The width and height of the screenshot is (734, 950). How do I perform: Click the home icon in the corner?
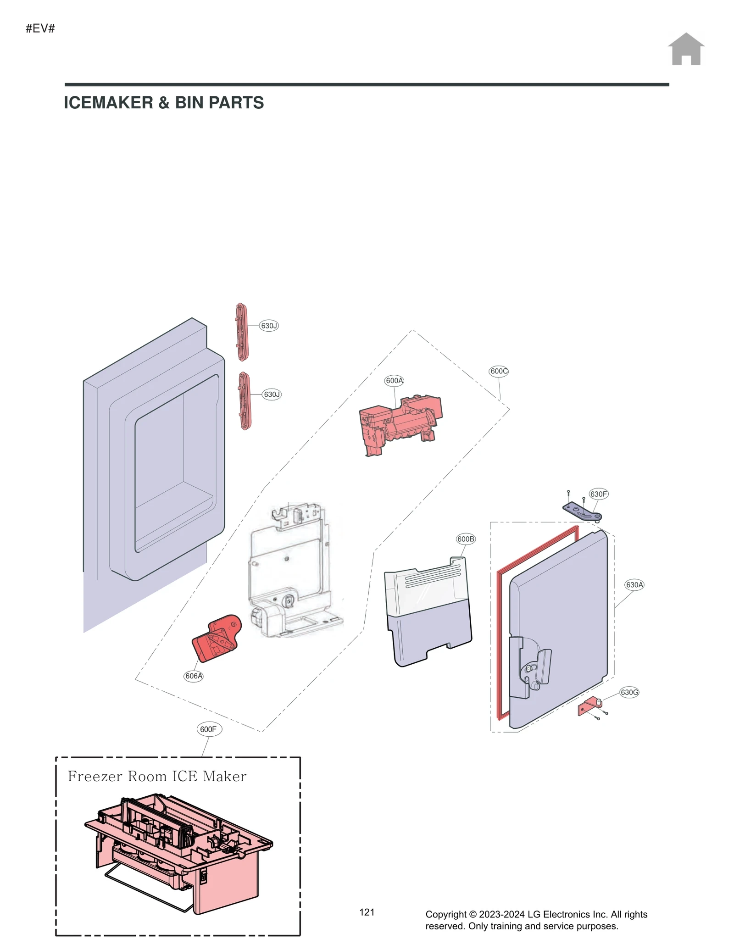pos(685,49)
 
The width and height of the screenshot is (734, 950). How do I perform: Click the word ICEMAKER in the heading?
pos(108,103)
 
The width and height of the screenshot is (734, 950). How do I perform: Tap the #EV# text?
pos(40,28)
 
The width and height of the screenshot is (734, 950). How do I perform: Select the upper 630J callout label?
pos(269,326)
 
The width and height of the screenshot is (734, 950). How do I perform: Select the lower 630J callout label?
pos(272,394)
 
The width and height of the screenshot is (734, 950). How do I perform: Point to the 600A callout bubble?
pos(394,381)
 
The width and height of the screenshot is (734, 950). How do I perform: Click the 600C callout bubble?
pos(499,372)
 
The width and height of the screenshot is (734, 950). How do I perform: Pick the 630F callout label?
pos(598,494)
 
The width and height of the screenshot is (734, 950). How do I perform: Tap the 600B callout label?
pos(466,539)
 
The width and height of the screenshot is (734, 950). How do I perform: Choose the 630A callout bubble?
pos(634,585)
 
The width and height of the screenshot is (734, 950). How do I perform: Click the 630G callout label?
pos(629,692)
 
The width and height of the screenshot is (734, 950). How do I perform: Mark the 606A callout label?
pos(194,676)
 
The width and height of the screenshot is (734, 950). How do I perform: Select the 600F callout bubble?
pos(209,729)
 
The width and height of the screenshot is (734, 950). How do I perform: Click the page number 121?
pos(367,912)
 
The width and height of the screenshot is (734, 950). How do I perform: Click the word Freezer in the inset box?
pos(95,777)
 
